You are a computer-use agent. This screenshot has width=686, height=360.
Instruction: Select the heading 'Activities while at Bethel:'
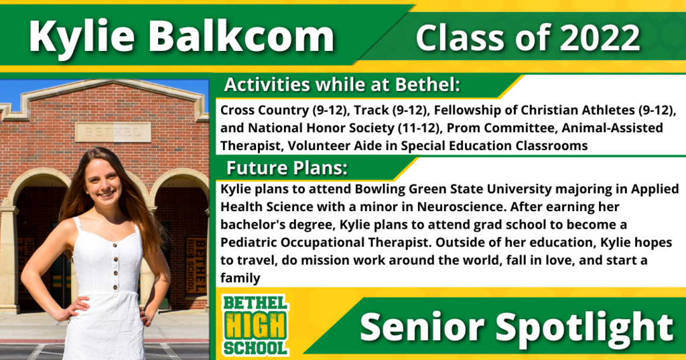click(x=342, y=85)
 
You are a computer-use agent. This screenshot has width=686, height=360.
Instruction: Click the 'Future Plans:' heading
click(x=287, y=168)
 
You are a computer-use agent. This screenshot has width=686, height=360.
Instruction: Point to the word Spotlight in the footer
click(x=585, y=328)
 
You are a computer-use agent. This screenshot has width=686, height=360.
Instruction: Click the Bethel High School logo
click(x=255, y=324)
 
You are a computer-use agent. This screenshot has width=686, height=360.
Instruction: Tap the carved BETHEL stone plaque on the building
click(x=113, y=132)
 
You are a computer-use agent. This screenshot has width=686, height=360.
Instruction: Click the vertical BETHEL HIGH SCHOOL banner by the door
click(x=196, y=265)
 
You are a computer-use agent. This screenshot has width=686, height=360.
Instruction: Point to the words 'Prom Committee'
click(x=500, y=128)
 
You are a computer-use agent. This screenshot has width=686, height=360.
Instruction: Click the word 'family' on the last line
click(x=241, y=278)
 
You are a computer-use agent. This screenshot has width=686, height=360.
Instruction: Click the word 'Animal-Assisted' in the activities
click(x=612, y=128)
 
